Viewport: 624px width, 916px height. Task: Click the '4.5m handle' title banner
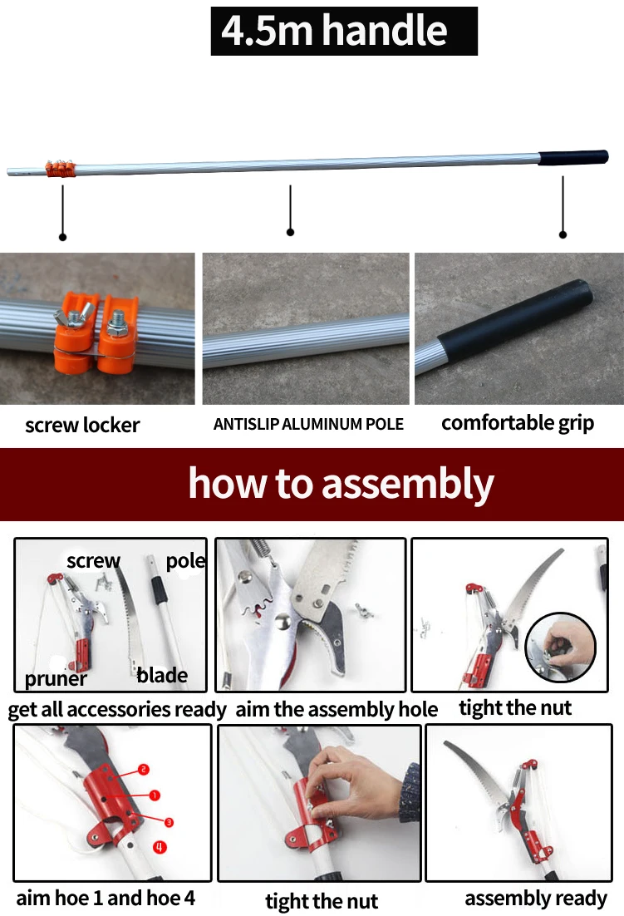(344, 31)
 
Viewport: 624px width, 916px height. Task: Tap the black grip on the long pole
(573, 158)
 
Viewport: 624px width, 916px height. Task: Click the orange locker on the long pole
(61, 170)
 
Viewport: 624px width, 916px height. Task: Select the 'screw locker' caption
(82, 425)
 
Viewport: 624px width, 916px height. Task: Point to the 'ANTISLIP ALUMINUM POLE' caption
(308, 424)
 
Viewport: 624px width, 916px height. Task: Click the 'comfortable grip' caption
(518, 423)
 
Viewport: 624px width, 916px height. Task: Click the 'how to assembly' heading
(341, 485)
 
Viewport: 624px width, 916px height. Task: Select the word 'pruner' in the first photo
(56, 679)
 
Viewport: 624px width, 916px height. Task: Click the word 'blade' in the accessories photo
(162, 675)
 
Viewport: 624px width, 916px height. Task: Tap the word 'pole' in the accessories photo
(185, 561)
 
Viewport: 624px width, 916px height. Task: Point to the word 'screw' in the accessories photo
(93, 561)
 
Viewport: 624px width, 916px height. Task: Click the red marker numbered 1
(154, 795)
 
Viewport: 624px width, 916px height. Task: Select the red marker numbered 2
(144, 770)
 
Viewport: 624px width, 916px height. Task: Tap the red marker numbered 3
(169, 823)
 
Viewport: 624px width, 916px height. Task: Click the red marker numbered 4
(160, 846)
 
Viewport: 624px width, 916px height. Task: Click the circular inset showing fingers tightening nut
(560, 648)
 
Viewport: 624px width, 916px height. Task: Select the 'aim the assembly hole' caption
(337, 709)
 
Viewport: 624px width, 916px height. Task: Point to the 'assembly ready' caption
(536, 898)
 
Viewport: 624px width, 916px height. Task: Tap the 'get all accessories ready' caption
(117, 710)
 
